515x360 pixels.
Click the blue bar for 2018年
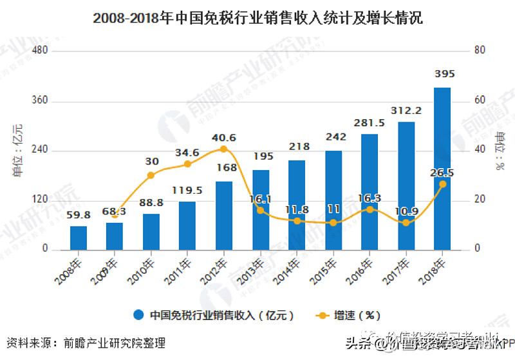pyautogui.click(x=442, y=169)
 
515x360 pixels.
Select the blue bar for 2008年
pyautogui.click(x=79, y=237)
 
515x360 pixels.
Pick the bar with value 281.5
pyautogui.click(x=369, y=191)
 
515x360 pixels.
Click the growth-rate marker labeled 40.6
pyautogui.click(x=223, y=149)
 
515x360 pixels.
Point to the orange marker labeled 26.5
pyautogui.click(x=442, y=184)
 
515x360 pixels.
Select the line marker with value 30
pyautogui.click(x=151, y=175)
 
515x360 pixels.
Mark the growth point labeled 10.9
pyautogui.click(x=406, y=223)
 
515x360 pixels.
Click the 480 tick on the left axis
pyautogui.click(x=41, y=51)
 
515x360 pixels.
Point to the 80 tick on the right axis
pyautogui.click(x=479, y=51)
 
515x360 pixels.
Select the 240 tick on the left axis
pyautogui.click(x=41, y=150)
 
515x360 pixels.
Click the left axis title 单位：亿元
pyautogui.click(x=17, y=150)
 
